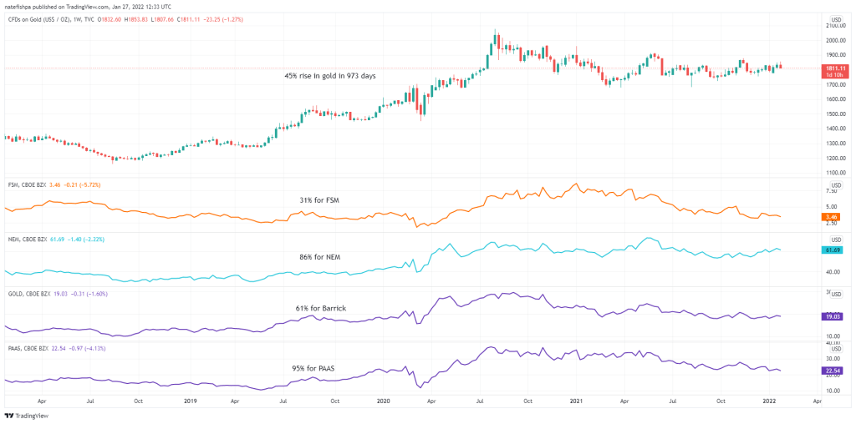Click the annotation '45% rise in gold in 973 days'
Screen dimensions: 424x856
click(329, 76)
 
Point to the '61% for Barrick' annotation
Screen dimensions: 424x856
click(320, 308)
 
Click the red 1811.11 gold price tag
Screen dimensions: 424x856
click(835, 68)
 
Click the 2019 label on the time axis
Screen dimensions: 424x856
click(188, 401)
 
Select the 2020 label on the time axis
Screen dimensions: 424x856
click(384, 401)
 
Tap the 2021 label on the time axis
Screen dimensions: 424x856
click(578, 401)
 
